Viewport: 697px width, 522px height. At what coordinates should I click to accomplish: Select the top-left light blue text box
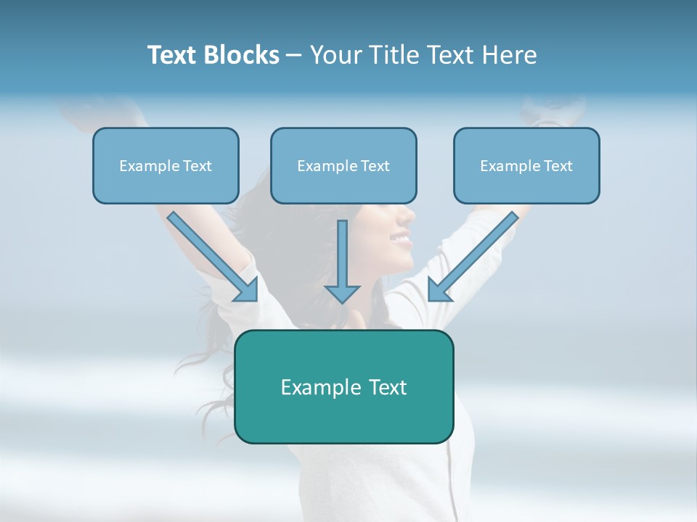[x=166, y=166]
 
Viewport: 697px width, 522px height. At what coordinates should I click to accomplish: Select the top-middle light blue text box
[x=343, y=166]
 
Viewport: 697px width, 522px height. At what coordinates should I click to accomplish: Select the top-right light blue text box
[x=526, y=166]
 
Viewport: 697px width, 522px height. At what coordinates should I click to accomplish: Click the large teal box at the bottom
[x=343, y=386]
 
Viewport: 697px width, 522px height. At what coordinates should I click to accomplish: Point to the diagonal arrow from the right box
[x=473, y=257]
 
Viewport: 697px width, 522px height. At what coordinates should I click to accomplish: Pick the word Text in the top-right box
[x=558, y=166]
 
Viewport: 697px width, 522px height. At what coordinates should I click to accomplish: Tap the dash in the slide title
[x=294, y=55]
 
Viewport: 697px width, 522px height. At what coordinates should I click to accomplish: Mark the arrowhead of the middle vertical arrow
[x=342, y=293]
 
